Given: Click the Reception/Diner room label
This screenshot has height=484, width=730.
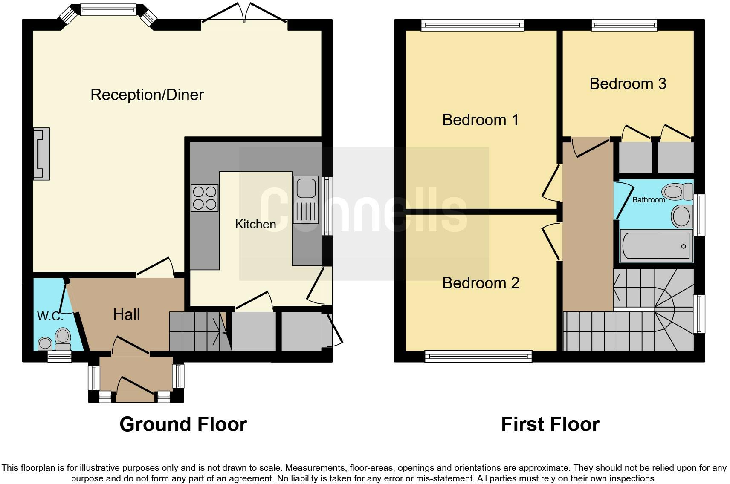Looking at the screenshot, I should pyautogui.click(x=147, y=95).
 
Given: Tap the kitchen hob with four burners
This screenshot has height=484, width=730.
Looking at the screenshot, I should pyautogui.click(x=204, y=198).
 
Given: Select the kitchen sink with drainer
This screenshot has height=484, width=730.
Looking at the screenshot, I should pyautogui.click(x=306, y=200).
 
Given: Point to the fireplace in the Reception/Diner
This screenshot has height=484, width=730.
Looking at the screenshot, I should pyautogui.click(x=42, y=153).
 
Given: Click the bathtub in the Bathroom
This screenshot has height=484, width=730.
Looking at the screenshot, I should pyautogui.click(x=655, y=246).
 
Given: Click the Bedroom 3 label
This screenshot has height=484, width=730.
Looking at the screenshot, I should pyautogui.click(x=628, y=84).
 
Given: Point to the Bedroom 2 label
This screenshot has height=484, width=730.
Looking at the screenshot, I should pyautogui.click(x=481, y=283).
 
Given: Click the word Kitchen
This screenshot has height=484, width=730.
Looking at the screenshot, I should pyautogui.click(x=255, y=224).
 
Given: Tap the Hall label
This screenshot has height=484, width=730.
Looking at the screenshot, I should pyautogui.click(x=126, y=314).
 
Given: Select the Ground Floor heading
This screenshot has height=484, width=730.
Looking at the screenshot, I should pyautogui.click(x=183, y=424).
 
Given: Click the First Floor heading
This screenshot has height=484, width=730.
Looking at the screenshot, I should pyautogui.click(x=550, y=424).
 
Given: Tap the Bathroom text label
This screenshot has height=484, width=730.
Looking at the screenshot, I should pyautogui.click(x=648, y=199).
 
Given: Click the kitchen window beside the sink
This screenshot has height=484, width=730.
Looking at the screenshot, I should pyautogui.click(x=327, y=206).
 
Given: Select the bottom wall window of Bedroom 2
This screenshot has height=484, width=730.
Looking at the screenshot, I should pyautogui.click(x=478, y=356).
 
